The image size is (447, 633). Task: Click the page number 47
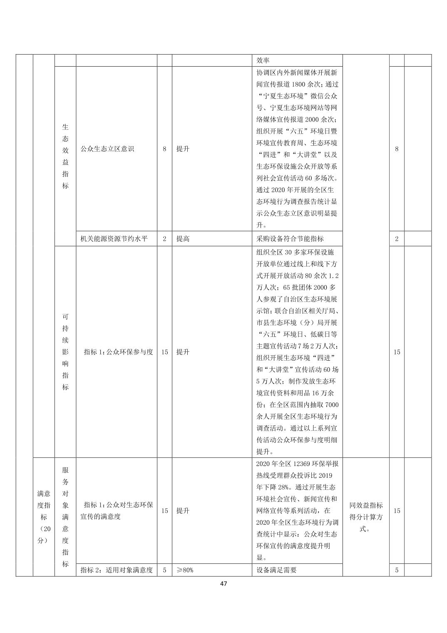coord(223,583)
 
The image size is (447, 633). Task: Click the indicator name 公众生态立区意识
coord(107,149)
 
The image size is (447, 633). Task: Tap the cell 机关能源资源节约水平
coord(114,239)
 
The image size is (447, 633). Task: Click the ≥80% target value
coord(185,570)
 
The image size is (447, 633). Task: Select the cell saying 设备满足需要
coord(277,570)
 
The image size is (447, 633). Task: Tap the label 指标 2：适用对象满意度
coord(117,570)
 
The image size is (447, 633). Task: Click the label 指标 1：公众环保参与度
coord(118,352)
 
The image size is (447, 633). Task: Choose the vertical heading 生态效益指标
coord(65,156)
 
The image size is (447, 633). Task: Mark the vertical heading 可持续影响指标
coord(65,352)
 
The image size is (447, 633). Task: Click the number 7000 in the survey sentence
coord(332,405)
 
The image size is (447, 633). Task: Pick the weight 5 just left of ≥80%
coord(164,570)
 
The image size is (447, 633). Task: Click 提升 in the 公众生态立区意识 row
coord(183,149)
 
